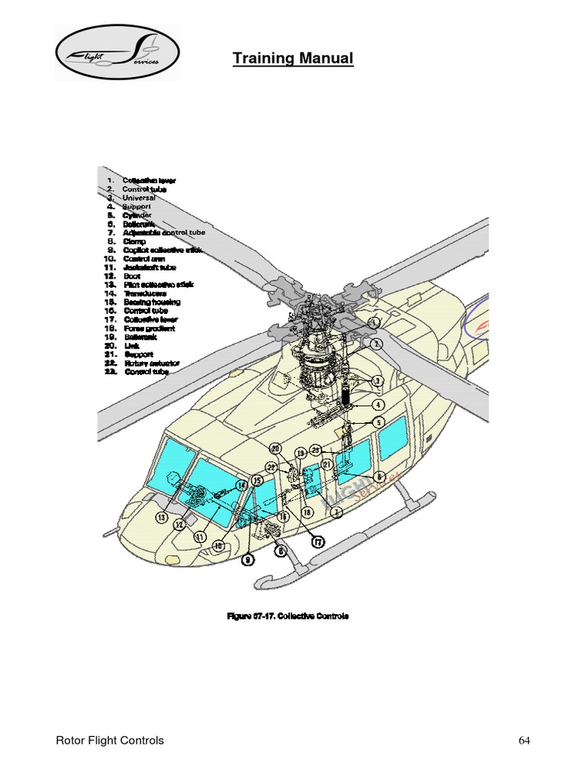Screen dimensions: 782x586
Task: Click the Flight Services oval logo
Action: (117, 53)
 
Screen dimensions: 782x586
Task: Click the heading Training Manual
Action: (293, 59)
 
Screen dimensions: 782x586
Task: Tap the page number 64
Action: (524, 741)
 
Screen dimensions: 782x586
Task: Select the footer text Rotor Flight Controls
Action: (111, 741)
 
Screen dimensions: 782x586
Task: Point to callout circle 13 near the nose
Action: (162, 517)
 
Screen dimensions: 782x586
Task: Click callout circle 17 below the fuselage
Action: (317, 541)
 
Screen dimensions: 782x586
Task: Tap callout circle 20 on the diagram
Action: (275, 448)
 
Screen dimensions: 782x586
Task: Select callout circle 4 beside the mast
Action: (378, 405)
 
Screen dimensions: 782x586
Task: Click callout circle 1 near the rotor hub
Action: (375, 323)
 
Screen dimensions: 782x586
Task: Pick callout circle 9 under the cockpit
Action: (248, 560)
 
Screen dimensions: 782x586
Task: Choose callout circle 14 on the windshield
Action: (241, 485)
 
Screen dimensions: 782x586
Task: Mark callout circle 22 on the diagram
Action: (271, 467)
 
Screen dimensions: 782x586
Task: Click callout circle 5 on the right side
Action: (378, 422)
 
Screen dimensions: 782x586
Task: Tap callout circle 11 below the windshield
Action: (200, 537)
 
